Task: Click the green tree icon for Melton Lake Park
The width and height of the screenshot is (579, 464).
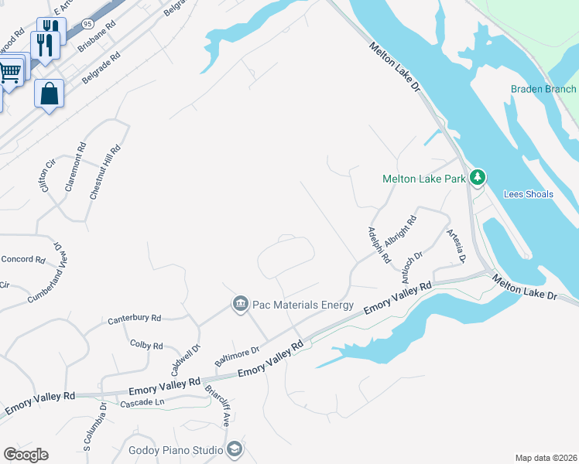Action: point(478,178)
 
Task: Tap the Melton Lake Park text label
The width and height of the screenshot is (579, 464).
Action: point(424,179)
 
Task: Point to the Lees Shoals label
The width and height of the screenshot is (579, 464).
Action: point(529,194)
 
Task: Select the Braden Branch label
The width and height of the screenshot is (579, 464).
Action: point(543,89)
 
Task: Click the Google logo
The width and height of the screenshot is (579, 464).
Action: point(26,455)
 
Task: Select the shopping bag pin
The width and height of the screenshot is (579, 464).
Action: point(49,94)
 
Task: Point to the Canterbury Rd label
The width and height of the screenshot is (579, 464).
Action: point(134,318)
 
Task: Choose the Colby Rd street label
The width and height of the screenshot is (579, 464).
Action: point(146,345)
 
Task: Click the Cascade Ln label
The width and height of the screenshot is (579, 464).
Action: point(143,403)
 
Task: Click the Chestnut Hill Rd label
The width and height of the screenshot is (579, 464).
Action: point(104,172)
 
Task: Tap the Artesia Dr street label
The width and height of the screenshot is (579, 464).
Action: point(455,245)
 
